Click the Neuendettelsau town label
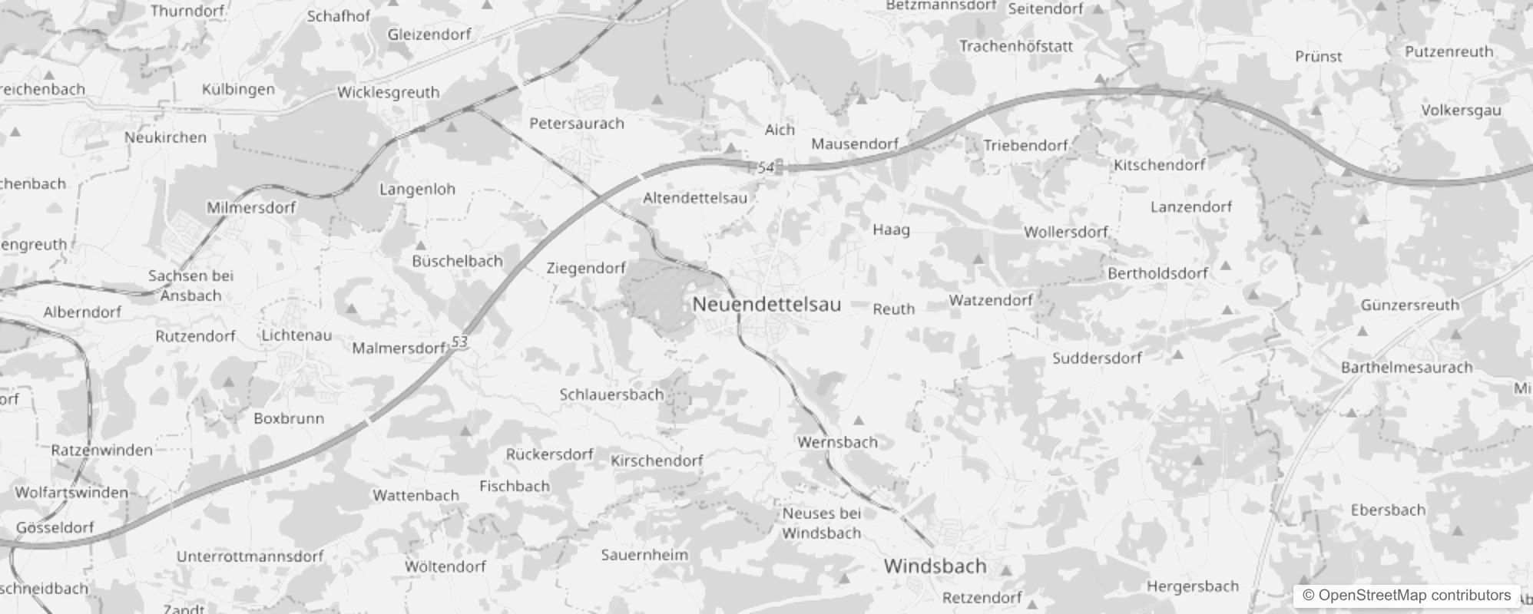click(766, 304)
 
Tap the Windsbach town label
click(935, 566)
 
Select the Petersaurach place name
click(577, 124)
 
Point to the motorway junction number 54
click(766, 167)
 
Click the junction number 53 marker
click(459, 342)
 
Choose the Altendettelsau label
click(694, 198)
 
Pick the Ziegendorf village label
click(586, 268)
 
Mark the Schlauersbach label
click(611, 394)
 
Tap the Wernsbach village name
click(837, 442)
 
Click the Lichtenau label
click(296, 335)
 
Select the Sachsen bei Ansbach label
click(190, 286)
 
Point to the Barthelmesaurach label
click(1406, 368)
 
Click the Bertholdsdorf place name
click(1157, 273)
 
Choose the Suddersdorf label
click(1097, 358)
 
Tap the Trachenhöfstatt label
click(1015, 46)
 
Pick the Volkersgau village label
click(1461, 111)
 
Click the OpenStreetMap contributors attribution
click(1406, 595)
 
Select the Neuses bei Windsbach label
click(822, 523)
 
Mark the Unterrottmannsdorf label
click(250, 556)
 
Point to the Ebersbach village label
click(1388, 510)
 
